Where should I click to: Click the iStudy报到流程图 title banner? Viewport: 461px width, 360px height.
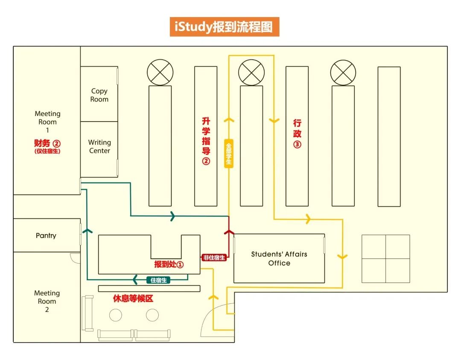click(x=225, y=26)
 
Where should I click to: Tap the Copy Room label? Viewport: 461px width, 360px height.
click(x=99, y=95)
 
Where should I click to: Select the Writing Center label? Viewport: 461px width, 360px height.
click(x=99, y=146)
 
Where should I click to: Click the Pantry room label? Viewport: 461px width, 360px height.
click(x=46, y=235)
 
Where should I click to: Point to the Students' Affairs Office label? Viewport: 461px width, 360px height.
click(x=279, y=258)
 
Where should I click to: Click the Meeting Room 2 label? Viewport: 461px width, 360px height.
click(x=47, y=301)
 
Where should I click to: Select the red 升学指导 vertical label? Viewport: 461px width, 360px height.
click(x=206, y=141)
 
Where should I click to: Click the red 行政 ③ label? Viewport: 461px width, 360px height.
click(x=297, y=133)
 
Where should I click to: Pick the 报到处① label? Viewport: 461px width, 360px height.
click(x=169, y=264)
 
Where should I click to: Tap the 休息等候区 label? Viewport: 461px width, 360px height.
click(x=133, y=299)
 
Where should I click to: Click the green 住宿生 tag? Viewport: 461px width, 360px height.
click(x=158, y=280)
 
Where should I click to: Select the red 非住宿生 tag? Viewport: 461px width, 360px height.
click(x=214, y=258)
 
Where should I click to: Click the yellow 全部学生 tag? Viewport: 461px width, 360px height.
click(x=229, y=153)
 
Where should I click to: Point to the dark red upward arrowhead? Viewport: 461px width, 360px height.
click(x=229, y=232)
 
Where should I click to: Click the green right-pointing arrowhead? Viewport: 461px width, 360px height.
click(x=172, y=216)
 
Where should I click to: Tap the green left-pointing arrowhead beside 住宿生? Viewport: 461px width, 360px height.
click(x=135, y=280)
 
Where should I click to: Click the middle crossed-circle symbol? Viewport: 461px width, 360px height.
click(x=251, y=73)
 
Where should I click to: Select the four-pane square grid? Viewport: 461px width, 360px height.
click(x=386, y=259)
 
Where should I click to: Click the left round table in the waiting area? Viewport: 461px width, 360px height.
click(x=115, y=315)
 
